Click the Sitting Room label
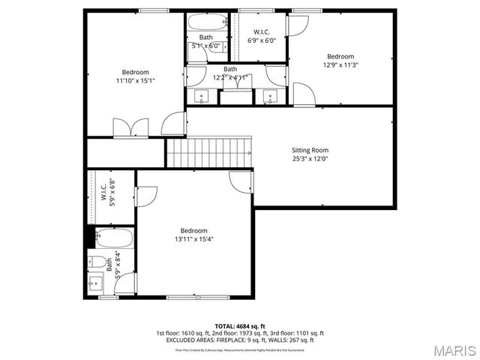pyautogui.click(x=310, y=150)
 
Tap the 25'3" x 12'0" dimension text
pyautogui.click(x=310, y=159)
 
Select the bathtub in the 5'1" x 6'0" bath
pyautogui.click(x=206, y=22)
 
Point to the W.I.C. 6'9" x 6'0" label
pyautogui.click(x=262, y=36)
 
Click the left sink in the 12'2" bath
pyautogui.click(x=202, y=96)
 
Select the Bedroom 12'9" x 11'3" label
pyautogui.click(x=340, y=61)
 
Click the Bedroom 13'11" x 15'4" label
pyautogui.click(x=193, y=235)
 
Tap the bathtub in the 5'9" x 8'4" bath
pyautogui.click(x=114, y=239)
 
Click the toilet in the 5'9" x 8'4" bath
pyautogui.click(x=96, y=262)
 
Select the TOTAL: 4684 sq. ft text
pyautogui.click(x=240, y=326)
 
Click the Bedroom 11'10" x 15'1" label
pyautogui.click(x=136, y=76)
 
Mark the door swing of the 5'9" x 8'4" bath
pyautogui.click(x=127, y=283)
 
